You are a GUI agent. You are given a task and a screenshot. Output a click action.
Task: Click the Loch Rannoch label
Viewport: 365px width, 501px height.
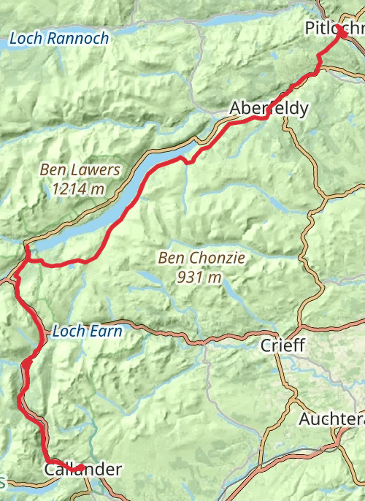pyautogui.click(x=59, y=38)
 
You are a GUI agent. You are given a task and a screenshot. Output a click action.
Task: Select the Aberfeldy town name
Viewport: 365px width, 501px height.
pyautogui.click(x=269, y=108)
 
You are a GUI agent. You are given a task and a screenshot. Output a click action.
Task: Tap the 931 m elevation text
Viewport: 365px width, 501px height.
pyautogui.click(x=199, y=277)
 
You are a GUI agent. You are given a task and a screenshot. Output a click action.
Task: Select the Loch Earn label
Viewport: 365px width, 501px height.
pyautogui.click(x=87, y=331)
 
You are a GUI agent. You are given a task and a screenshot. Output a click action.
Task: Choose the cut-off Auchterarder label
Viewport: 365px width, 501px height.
pyautogui.click(x=331, y=419)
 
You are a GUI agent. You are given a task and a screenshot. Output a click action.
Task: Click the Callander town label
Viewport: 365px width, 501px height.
pyautogui.click(x=82, y=470)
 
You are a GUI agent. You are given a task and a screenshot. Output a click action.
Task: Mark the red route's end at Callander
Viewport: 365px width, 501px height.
pyautogui.click(x=81, y=467)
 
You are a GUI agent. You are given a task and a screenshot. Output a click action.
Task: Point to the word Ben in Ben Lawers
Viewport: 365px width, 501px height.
pyautogui.click(x=53, y=170)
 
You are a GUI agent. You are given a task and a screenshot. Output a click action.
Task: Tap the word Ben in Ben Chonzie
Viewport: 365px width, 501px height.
pyautogui.click(x=171, y=258)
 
